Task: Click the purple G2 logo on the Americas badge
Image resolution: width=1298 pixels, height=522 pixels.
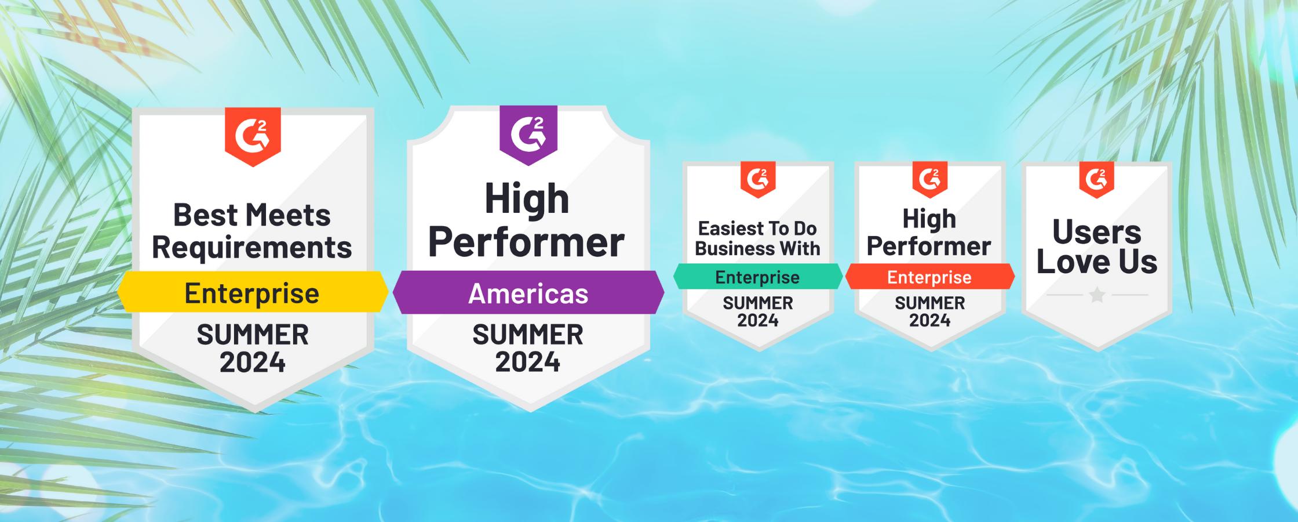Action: click(528, 135)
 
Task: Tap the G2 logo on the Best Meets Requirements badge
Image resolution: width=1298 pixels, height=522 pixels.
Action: click(253, 136)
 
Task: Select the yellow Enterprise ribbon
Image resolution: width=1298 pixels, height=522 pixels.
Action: click(253, 292)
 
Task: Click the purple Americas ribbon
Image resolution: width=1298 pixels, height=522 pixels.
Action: click(528, 293)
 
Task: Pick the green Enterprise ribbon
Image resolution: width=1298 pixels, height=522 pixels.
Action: click(758, 277)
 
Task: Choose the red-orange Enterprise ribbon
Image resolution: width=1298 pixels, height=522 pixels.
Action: click(930, 277)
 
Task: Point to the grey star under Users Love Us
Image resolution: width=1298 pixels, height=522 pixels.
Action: click(1097, 295)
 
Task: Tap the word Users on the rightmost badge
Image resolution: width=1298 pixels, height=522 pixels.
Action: click(1097, 232)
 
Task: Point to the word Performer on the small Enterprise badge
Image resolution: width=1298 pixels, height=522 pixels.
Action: click(929, 246)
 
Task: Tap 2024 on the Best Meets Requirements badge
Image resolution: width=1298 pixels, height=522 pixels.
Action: click(253, 362)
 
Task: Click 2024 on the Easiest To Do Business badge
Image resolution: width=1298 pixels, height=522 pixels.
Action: click(758, 320)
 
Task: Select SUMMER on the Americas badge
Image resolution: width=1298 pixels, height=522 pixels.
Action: click(528, 335)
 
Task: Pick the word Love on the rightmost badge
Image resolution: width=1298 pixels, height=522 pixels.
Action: click(1074, 262)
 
